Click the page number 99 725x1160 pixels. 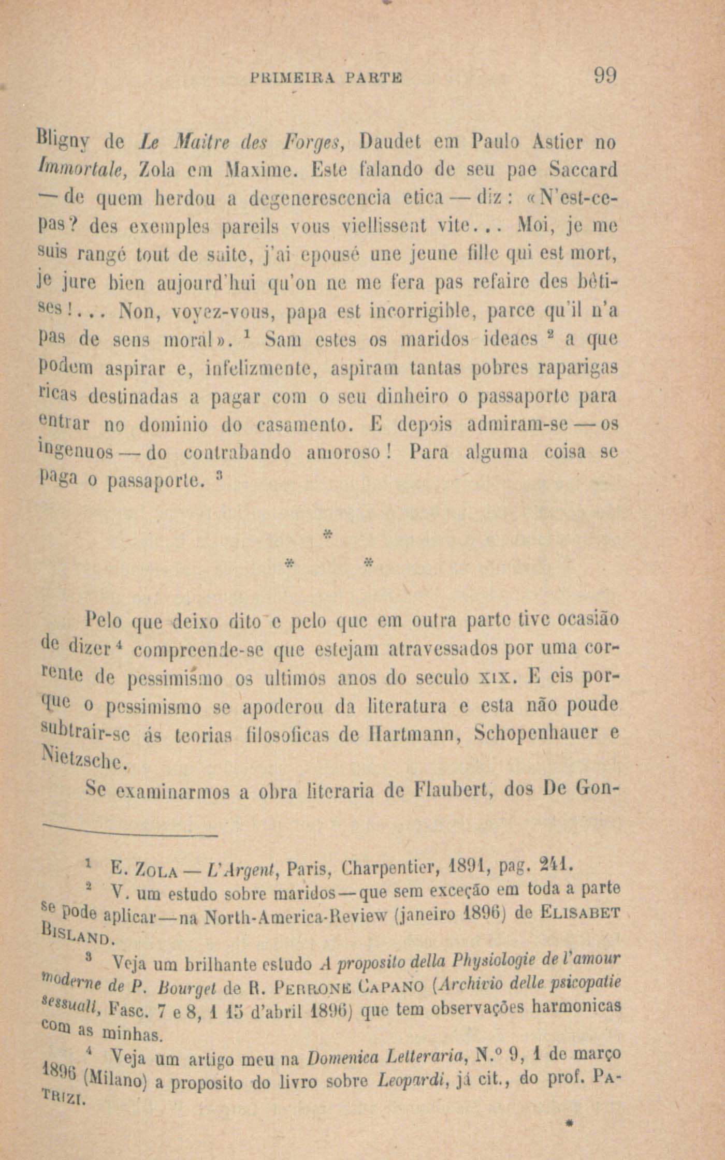click(x=604, y=77)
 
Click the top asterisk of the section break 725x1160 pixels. click(x=327, y=533)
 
